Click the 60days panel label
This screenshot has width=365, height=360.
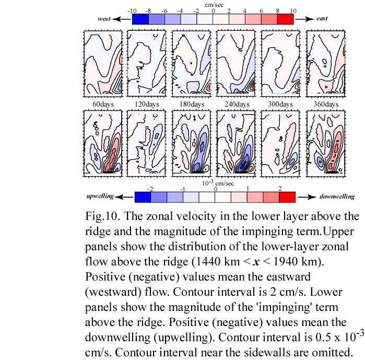(x=103, y=104)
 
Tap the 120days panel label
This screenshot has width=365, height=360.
(x=147, y=104)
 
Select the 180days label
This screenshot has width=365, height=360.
(x=192, y=104)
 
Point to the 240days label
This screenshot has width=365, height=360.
(x=237, y=104)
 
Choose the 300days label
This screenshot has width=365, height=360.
(x=280, y=104)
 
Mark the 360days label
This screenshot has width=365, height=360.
(x=326, y=104)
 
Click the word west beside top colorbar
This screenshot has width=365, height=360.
(x=104, y=19)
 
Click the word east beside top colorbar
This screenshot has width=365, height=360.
(x=322, y=18)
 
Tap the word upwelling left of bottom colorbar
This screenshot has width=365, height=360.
(x=100, y=196)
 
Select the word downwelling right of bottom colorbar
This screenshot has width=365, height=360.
(x=337, y=197)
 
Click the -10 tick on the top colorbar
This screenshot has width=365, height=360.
(x=132, y=11)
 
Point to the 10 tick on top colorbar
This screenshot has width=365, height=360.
(x=293, y=11)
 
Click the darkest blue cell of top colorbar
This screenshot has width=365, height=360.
(x=140, y=19)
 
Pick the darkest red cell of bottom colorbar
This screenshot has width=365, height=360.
(x=287, y=197)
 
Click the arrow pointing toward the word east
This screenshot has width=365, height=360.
(x=305, y=19)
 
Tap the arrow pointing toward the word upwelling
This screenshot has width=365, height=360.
(x=124, y=197)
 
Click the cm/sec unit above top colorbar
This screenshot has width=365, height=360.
(x=214, y=5)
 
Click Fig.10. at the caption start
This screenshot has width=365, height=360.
(x=103, y=216)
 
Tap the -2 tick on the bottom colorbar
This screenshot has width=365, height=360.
(x=150, y=189)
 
